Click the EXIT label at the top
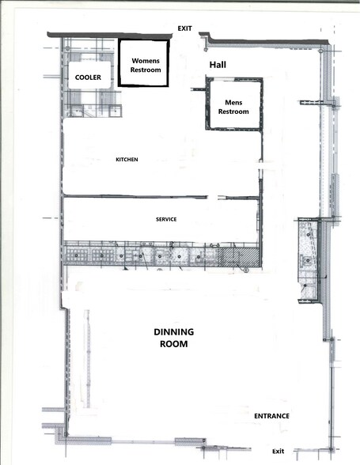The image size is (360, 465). point(185,28)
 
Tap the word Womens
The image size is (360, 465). point(146,60)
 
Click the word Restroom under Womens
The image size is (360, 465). point(146,70)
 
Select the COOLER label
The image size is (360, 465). point(89,78)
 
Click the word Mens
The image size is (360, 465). point(234,103)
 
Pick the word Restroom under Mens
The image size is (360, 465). point(234,112)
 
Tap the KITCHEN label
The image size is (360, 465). point(127,160)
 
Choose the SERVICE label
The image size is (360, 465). point(166,219)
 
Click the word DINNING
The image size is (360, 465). point(173,332)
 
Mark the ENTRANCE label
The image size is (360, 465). point(271,416)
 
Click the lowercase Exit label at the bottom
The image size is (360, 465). point(278,451)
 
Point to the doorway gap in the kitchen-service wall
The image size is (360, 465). point(212,197)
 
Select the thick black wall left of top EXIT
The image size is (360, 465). point(111,35)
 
